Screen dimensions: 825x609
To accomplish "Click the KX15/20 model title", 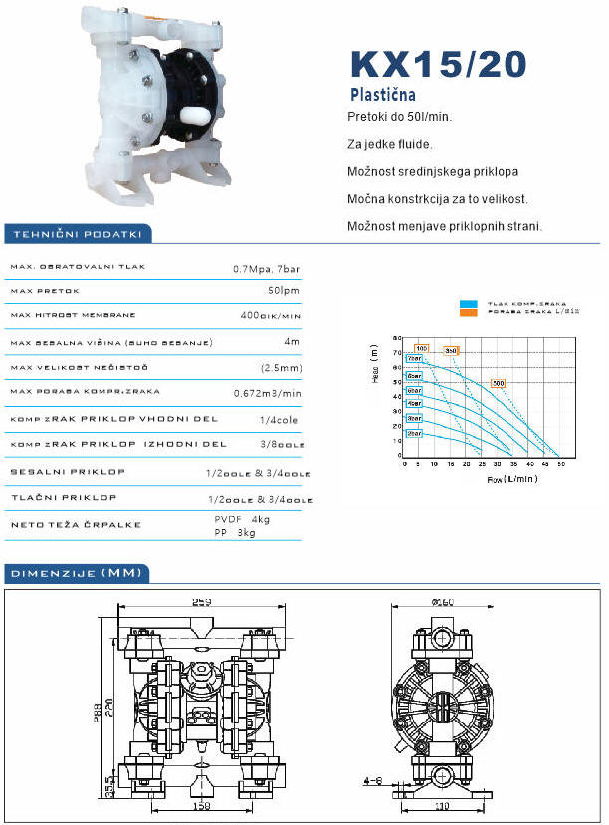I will pyautogui.click(x=438, y=63).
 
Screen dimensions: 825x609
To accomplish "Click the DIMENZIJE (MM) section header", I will pyautogui.click(x=76, y=573).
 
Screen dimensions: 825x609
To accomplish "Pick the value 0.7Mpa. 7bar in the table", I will pyautogui.click(x=266, y=269).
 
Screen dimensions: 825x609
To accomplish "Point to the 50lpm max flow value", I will pyautogui.click(x=284, y=293).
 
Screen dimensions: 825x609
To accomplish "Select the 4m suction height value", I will pyautogui.click(x=292, y=341).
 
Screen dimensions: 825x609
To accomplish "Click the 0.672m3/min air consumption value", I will pyautogui.click(x=266, y=392).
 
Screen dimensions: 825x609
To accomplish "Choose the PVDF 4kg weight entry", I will pyautogui.click(x=243, y=519).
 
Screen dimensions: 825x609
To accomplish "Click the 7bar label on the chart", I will pyautogui.click(x=414, y=358).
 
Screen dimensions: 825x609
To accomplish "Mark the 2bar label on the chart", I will pyautogui.click(x=414, y=434).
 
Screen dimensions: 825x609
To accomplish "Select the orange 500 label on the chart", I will pyautogui.click(x=498, y=383).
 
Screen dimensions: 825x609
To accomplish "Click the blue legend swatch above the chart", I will pyautogui.click(x=469, y=303).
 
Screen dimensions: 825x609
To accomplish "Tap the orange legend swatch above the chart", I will pyautogui.click(x=469, y=312).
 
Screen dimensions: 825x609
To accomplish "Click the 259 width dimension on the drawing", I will pyautogui.click(x=202, y=600).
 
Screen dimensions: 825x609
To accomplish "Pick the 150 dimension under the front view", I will pyautogui.click(x=202, y=806).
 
